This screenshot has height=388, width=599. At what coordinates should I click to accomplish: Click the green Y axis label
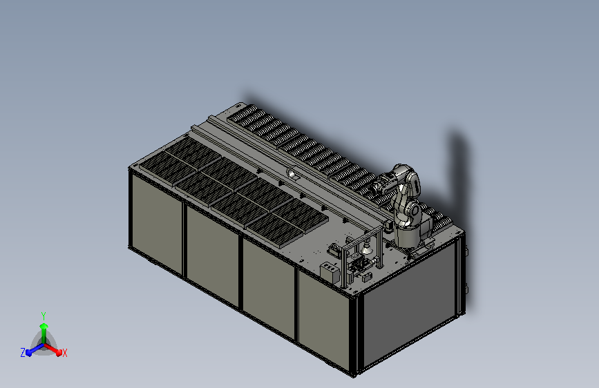tap(44, 316)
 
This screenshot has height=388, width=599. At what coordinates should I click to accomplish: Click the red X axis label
tap(64, 353)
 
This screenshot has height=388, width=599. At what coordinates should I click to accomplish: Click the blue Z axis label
tap(23, 353)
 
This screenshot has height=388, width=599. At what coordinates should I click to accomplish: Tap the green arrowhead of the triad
tap(44, 326)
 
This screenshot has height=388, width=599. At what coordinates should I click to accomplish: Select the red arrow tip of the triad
tap(59, 351)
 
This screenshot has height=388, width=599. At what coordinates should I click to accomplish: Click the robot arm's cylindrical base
tap(408, 236)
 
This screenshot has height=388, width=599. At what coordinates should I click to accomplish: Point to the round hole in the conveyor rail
tap(293, 174)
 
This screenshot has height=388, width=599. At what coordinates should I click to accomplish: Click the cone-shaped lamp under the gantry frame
tap(367, 249)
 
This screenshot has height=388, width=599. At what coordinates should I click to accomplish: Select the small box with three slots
tap(330, 271)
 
